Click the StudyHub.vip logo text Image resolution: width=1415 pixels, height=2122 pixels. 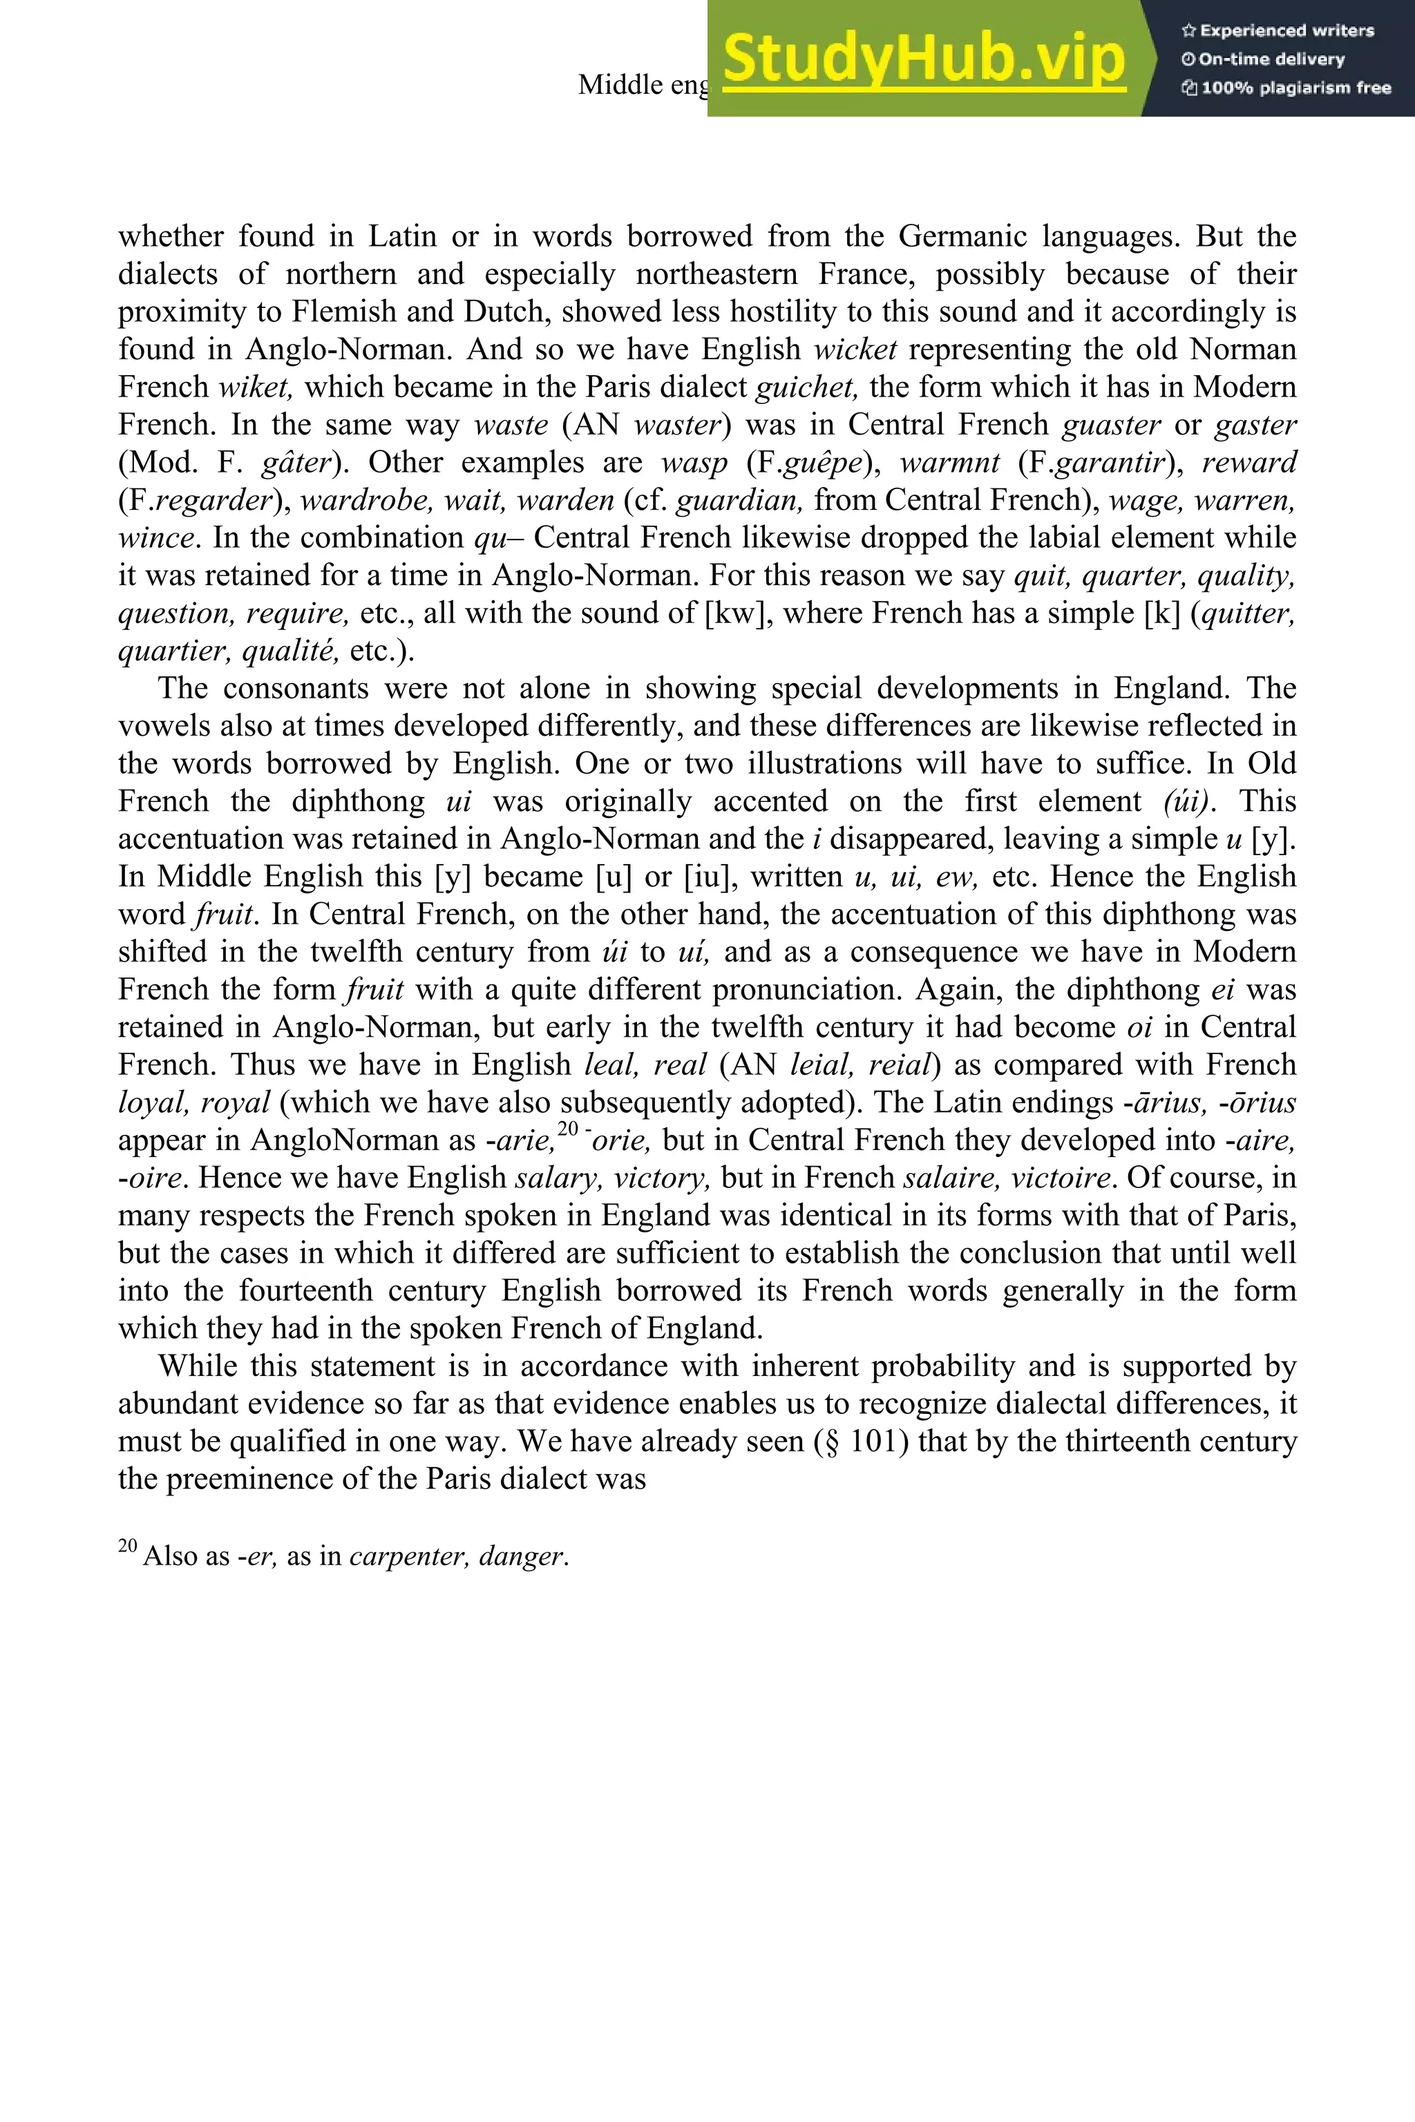point(924,59)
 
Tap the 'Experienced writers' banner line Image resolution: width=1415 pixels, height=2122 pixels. point(1278,30)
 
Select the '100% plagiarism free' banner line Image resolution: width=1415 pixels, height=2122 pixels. point(1285,88)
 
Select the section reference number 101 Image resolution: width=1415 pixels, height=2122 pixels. point(879,1442)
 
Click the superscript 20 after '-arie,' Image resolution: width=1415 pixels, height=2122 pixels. point(568,1129)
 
